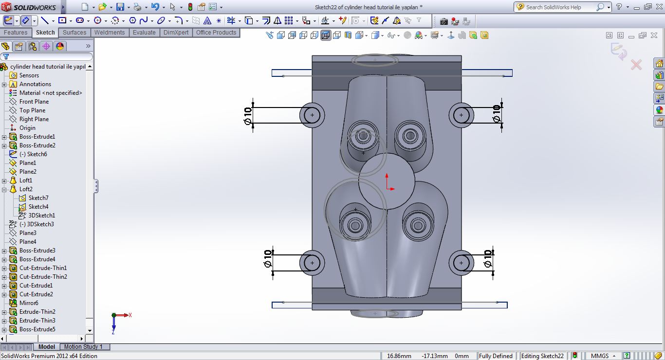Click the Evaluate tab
pyautogui.click(x=144, y=33)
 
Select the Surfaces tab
pyautogui.click(x=74, y=33)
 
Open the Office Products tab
pyautogui.click(x=216, y=33)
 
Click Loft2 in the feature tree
pyautogui.click(x=26, y=189)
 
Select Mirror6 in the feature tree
pyautogui.click(x=29, y=303)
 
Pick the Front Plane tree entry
pyautogui.click(x=34, y=102)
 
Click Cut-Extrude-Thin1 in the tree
pyautogui.click(x=43, y=268)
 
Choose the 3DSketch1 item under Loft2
pyautogui.click(x=41, y=216)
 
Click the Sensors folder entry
pyautogui.click(x=29, y=75)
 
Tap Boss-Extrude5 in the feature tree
pyautogui.click(x=37, y=329)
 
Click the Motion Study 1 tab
pyautogui.click(x=83, y=347)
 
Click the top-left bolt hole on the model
pyautogui.click(x=312, y=115)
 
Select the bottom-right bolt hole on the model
pyautogui.click(x=461, y=263)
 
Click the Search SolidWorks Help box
pyautogui.click(x=560, y=7)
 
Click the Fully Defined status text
pyautogui.click(x=496, y=356)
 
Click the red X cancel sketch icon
pyautogui.click(x=636, y=65)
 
